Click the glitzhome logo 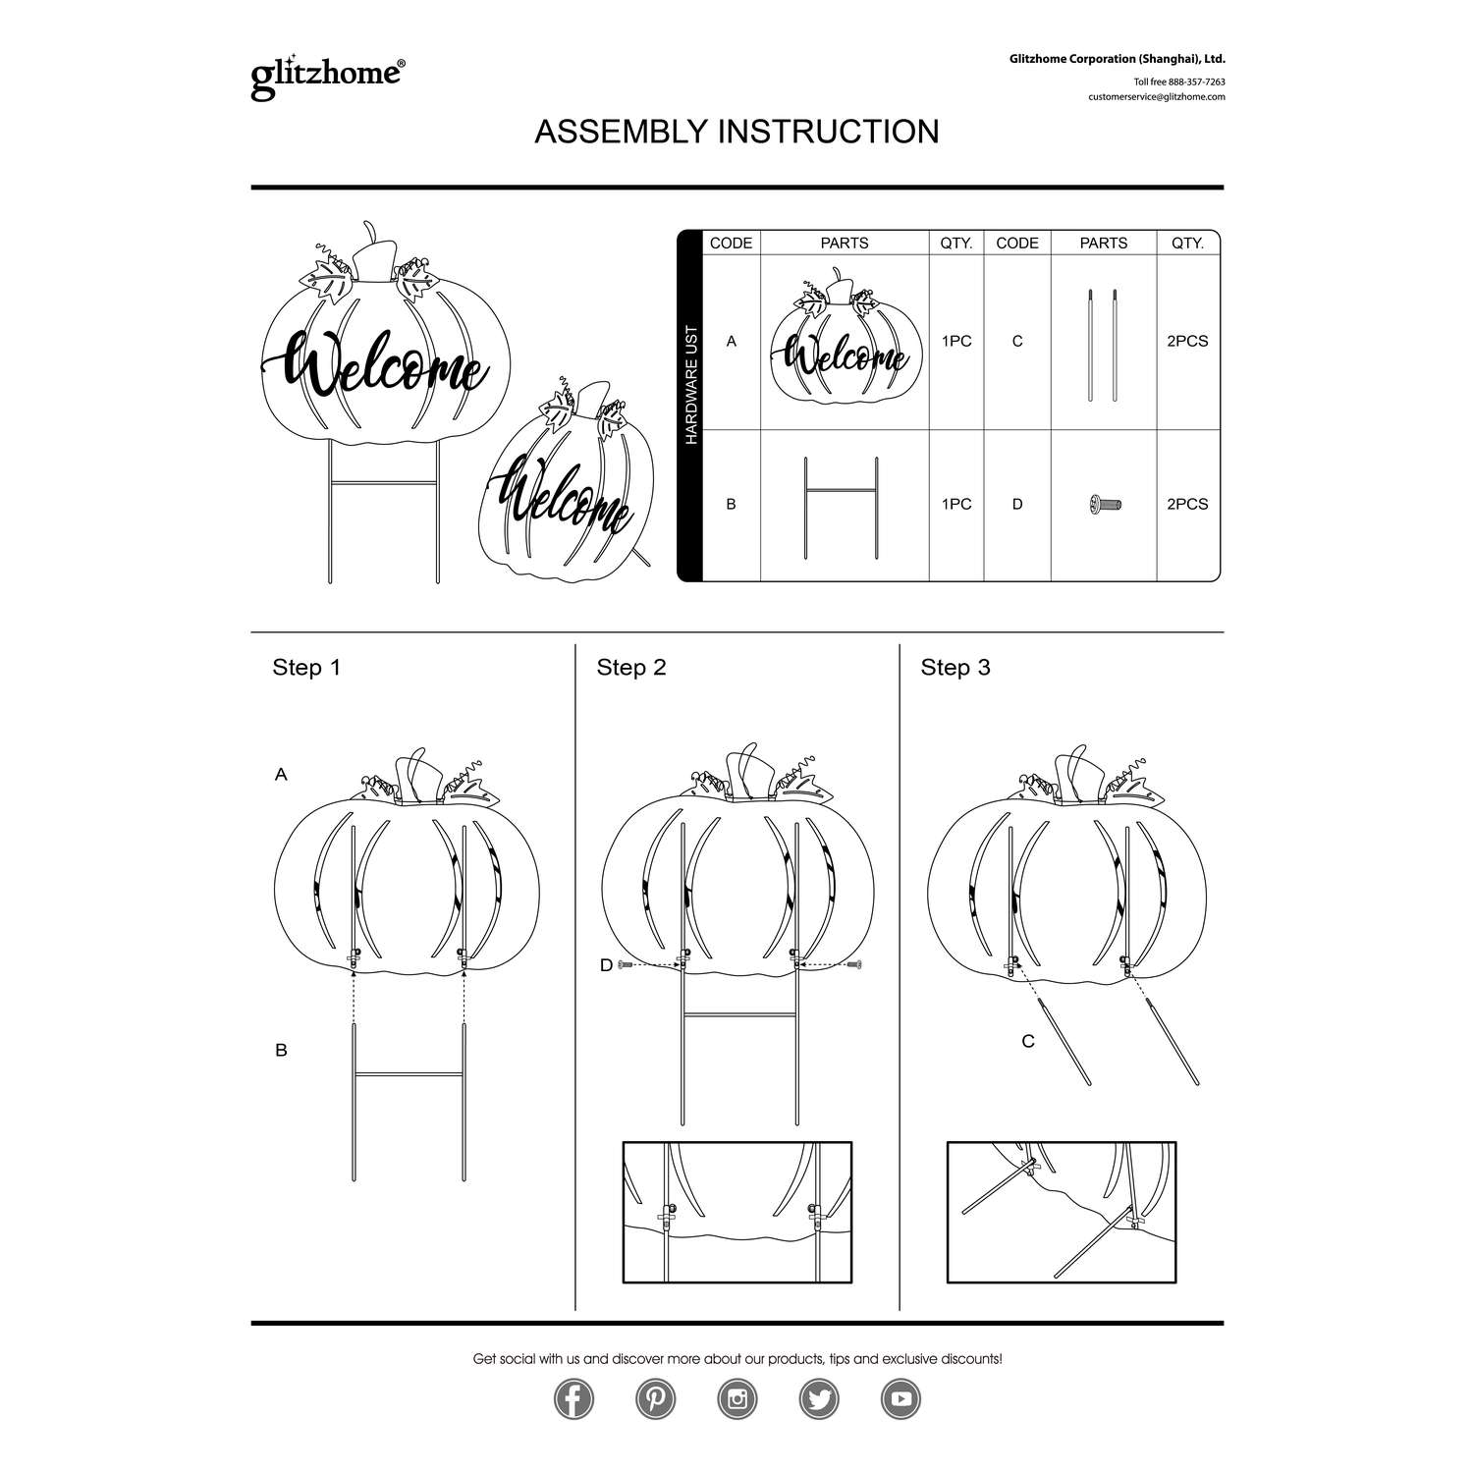pos(327,77)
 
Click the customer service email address pos(1156,97)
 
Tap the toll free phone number pos(1179,82)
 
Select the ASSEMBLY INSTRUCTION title pos(736,132)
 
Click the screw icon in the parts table pos(1105,505)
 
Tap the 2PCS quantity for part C pos(1187,342)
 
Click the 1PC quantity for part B pos(955,505)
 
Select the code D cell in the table pos(1017,505)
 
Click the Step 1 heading pos(306,668)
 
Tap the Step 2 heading pos(631,668)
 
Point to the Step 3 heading pos(955,668)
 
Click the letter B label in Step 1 pos(281,1051)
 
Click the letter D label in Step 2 pos(606,966)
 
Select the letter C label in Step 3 pos(1028,1041)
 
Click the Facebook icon pos(573,1399)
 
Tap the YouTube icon pos(900,1399)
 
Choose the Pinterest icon pos(655,1399)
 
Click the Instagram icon pos(737,1399)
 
